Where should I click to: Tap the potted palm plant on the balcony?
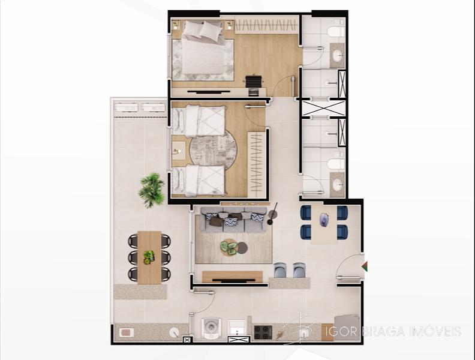point(152,190)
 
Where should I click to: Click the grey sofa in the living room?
point(233,220)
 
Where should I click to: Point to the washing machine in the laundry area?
point(211,328)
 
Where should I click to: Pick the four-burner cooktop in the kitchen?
point(263,332)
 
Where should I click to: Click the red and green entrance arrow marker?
point(365,266)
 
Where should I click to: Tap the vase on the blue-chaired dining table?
point(324,219)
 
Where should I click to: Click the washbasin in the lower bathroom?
point(337,184)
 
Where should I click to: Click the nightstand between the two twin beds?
point(179,151)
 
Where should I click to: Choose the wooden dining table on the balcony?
point(149,257)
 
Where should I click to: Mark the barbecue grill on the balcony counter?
point(126,333)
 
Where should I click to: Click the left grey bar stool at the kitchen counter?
point(280,271)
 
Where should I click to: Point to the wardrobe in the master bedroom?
point(266,26)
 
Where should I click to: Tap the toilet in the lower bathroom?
point(336,164)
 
